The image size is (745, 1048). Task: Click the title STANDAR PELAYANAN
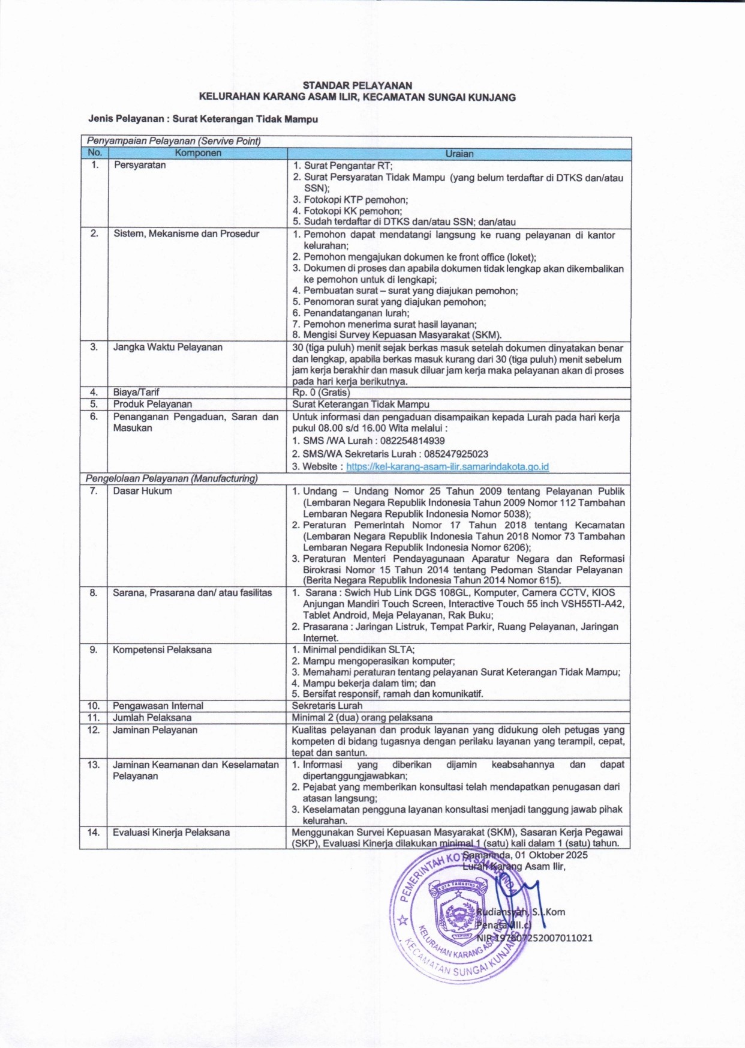tap(357, 86)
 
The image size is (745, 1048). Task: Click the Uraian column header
tap(459, 154)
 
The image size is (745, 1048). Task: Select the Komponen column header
tap(198, 153)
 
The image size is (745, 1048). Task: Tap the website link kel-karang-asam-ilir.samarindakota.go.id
tap(447, 466)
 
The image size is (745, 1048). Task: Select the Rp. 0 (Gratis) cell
tap(321, 393)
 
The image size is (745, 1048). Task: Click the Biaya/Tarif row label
tap(136, 393)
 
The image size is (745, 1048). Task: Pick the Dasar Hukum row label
tap(142, 491)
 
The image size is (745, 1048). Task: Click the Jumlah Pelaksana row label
tap(152, 718)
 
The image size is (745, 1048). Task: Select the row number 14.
tap(94, 833)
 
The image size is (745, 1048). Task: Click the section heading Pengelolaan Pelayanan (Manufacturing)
tap(172, 478)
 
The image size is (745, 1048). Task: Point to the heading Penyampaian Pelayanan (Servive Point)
tap(174, 142)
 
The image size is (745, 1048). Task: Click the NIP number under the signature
tap(534, 938)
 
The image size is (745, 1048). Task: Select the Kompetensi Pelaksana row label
tap(162, 649)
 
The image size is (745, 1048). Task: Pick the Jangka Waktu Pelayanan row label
tap(168, 347)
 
